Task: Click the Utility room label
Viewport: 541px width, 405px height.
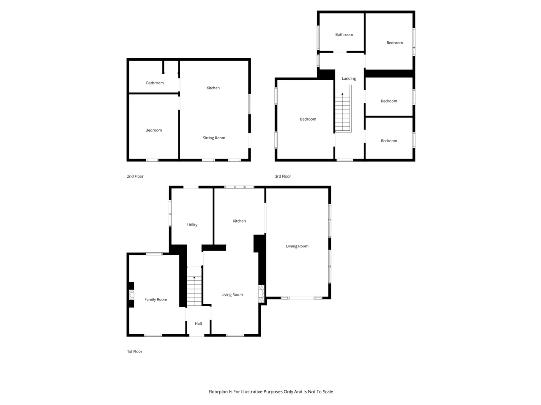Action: click(x=192, y=225)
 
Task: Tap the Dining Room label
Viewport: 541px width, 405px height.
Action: click(x=297, y=246)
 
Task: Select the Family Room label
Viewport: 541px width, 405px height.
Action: click(x=156, y=299)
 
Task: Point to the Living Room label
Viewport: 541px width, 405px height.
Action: click(x=232, y=294)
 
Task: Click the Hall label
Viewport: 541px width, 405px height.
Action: click(x=198, y=324)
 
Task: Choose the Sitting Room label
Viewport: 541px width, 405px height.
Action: click(x=214, y=138)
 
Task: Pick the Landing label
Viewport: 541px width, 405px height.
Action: click(x=349, y=78)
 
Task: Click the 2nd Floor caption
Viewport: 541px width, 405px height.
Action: click(x=135, y=176)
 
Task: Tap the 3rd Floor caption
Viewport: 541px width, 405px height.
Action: click(x=283, y=176)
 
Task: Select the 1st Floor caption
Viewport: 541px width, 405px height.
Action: click(x=134, y=351)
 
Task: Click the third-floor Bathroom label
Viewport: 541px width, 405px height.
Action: click(x=344, y=35)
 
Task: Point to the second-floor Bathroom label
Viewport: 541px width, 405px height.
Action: click(x=155, y=83)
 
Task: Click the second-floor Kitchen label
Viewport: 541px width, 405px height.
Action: click(x=213, y=88)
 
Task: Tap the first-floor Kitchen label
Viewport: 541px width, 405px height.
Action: click(x=239, y=221)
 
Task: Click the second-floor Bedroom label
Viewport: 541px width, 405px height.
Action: click(x=153, y=130)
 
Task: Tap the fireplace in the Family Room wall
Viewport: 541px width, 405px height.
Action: click(x=132, y=295)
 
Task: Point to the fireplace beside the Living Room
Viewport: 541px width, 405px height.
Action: click(x=261, y=294)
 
